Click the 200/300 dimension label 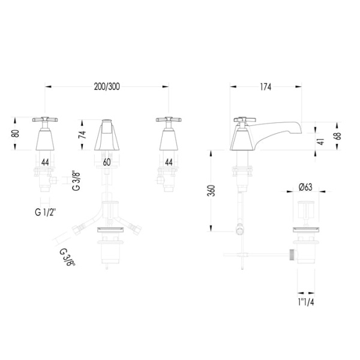107,86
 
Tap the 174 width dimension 266,87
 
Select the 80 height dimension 16,133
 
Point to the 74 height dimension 82,134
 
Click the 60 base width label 107,163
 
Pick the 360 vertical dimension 211,190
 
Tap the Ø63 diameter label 305,187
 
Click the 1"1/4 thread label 306,302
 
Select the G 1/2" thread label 46,212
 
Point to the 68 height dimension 338,136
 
